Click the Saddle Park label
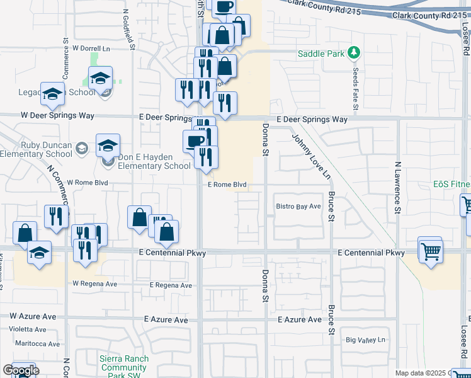(x=321, y=54)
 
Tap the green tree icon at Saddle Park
(x=354, y=53)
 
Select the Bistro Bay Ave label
(x=298, y=206)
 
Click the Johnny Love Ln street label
(x=310, y=154)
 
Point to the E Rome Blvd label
(x=227, y=185)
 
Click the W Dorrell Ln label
(x=91, y=48)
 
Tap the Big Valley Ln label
(x=365, y=340)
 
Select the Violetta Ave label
(x=27, y=329)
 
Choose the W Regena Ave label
(x=94, y=283)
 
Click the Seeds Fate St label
(x=355, y=89)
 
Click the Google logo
(x=21, y=370)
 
